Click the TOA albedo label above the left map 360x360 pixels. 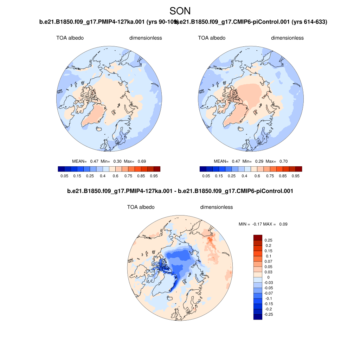(x=70, y=38)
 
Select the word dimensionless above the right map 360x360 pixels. (x=287, y=38)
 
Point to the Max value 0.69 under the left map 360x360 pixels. (x=142, y=161)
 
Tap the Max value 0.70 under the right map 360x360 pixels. (x=283, y=161)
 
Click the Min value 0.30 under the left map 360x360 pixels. (x=117, y=161)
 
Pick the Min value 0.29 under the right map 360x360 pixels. (x=259, y=161)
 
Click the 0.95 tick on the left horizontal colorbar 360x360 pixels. (x=154, y=176)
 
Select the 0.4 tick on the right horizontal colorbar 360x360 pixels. (x=244, y=176)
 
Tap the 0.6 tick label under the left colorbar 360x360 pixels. (x=115, y=176)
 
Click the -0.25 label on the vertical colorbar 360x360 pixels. (x=268, y=314)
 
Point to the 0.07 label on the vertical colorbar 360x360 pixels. (x=268, y=262)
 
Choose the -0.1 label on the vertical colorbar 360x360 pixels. (x=268, y=298)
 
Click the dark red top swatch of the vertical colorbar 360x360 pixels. (x=258, y=238)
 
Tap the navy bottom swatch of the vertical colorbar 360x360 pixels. (x=258, y=317)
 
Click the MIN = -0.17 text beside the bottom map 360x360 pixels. (x=251, y=224)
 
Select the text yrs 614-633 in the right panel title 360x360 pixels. (x=310, y=22)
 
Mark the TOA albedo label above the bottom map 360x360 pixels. (x=141, y=207)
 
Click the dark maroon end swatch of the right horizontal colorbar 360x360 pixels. (x=298, y=169)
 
